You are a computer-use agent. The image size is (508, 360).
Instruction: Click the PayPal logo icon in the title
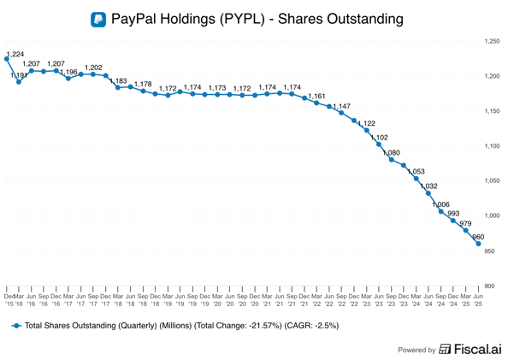99,18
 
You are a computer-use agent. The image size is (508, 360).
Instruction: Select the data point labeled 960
478,244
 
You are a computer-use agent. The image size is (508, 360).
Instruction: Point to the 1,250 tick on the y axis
492,41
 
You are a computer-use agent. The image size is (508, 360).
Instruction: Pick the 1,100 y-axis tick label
492,146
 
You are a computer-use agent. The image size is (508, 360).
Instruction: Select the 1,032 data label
429,186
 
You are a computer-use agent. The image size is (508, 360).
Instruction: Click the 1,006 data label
441,204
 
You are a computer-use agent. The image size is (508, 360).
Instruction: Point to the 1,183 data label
118,80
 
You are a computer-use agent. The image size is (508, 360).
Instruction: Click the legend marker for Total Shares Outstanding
15,326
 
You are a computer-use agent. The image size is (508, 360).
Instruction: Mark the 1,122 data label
367,123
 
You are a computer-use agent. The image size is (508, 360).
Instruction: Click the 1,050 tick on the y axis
492,181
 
